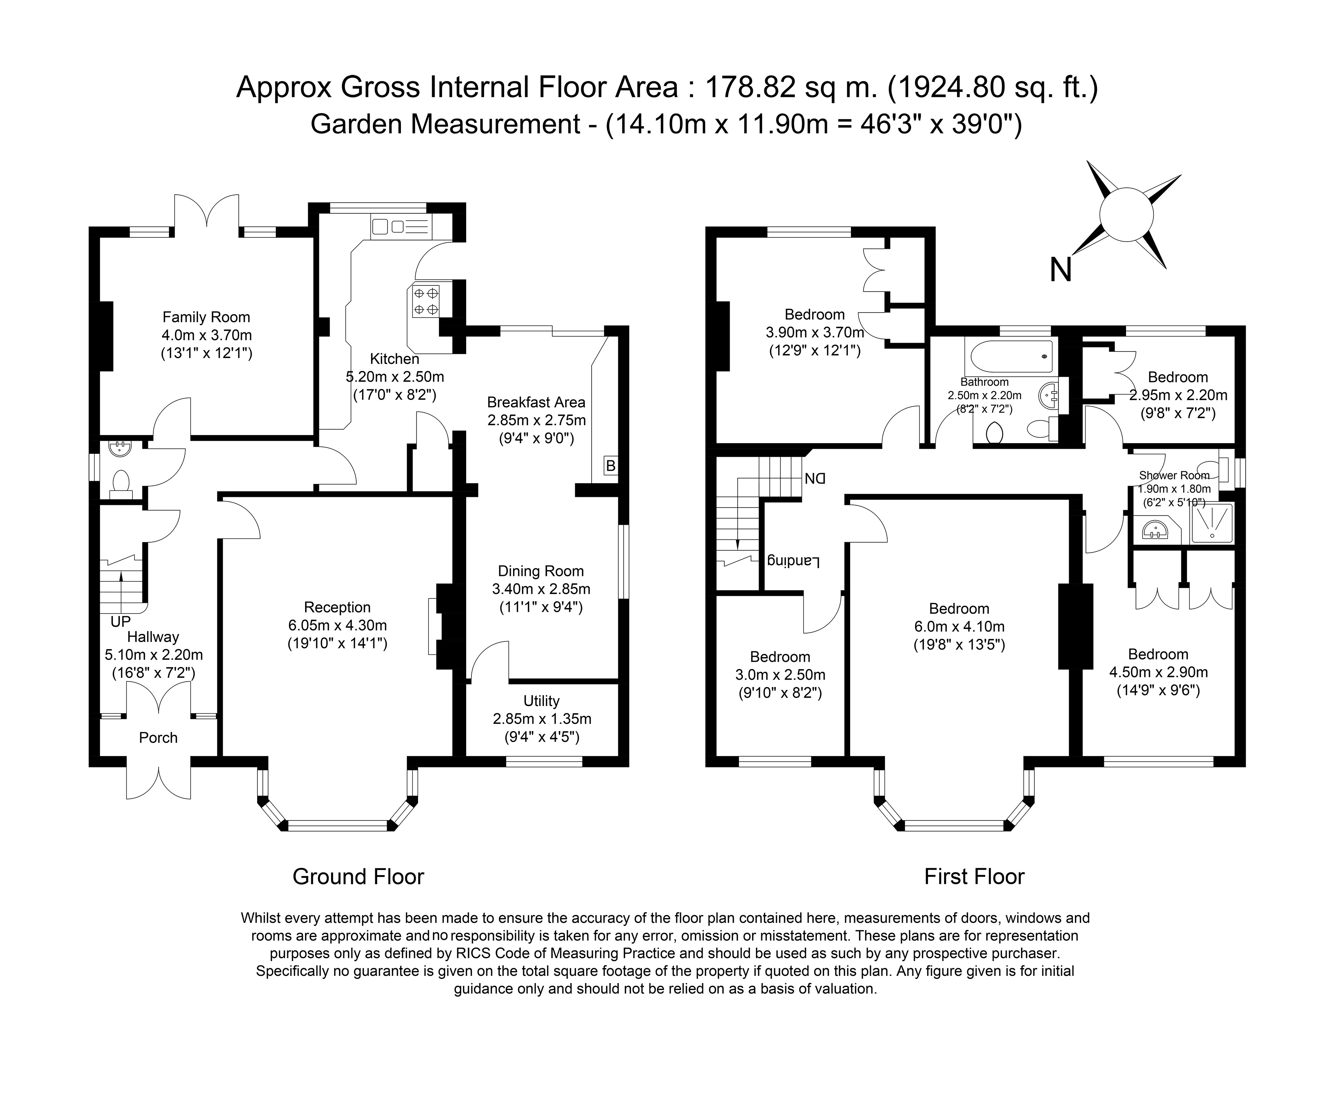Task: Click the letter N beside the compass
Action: click(1060, 270)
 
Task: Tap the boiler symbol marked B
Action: click(610, 466)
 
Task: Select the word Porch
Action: click(158, 738)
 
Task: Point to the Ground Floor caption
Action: click(358, 877)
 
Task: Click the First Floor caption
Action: click(975, 877)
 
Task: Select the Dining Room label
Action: click(540, 571)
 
